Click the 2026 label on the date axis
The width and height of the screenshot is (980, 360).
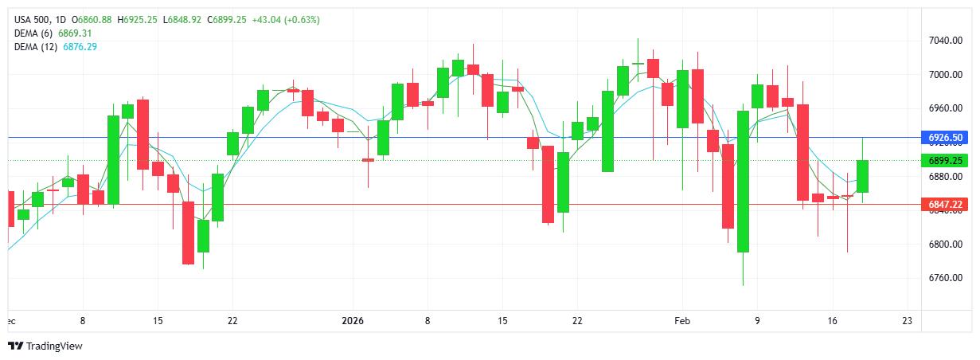point(352,321)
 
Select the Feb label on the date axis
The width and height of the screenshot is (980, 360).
point(681,321)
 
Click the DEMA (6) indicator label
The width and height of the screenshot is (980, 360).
point(34,33)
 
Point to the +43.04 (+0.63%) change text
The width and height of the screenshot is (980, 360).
point(285,20)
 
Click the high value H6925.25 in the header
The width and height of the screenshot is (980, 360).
point(138,20)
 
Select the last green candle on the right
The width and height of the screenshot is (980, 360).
point(862,176)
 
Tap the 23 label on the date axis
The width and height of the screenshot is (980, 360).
point(907,321)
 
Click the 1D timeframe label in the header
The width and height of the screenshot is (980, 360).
point(64,20)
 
